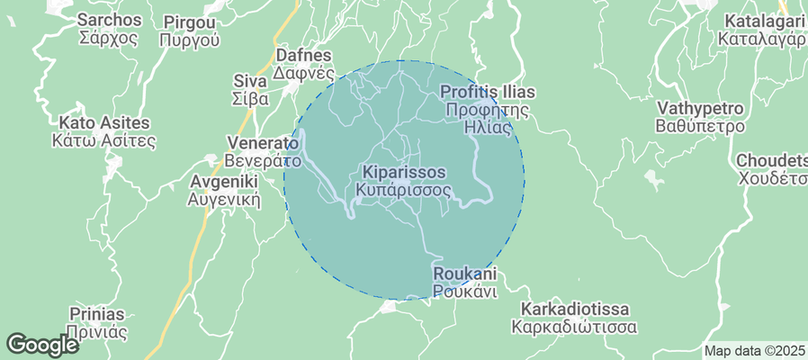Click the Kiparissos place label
click(403, 171)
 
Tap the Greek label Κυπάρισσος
click(403, 190)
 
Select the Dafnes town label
click(304, 55)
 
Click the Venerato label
click(262, 143)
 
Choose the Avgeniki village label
click(224, 181)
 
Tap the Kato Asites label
click(104, 122)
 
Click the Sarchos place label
click(109, 20)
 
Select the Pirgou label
click(190, 21)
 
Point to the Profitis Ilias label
click(487, 92)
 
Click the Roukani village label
click(464, 273)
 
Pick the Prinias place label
click(96, 313)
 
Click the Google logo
click(42, 345)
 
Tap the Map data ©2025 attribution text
click(754, 351)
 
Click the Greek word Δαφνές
click(304, 73)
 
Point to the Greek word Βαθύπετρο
click(701, 126)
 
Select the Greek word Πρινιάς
click(96, 331)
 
